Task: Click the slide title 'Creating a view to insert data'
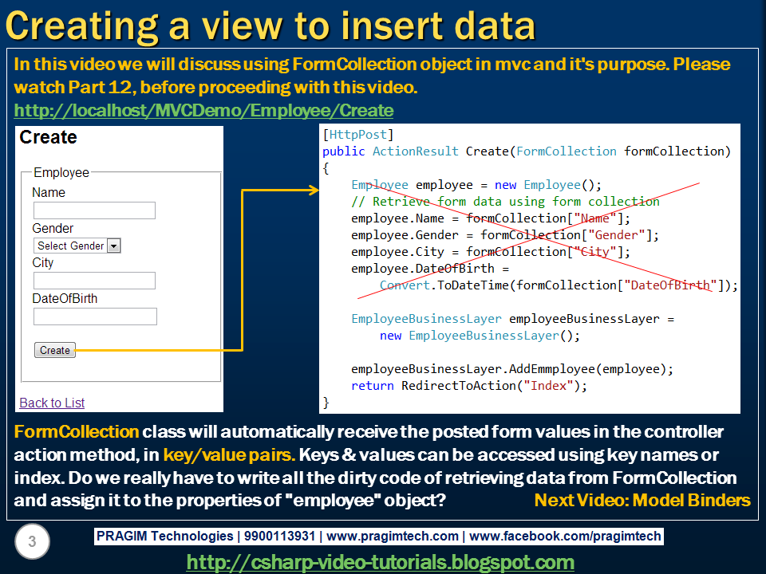(270, 26)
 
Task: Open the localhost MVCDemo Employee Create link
(203, 111)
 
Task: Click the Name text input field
(94, 210)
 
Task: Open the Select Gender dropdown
(77, 246)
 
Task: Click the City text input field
(94, 281)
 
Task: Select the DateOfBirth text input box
(95, 316)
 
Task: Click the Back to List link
(52, 403)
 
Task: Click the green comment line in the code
(505, 201)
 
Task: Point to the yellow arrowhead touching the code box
(314, 191)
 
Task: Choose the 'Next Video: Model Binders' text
(642, 501)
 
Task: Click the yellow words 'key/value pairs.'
(229, 455)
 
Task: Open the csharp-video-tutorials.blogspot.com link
(381, 562)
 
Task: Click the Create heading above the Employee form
(49, 137)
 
